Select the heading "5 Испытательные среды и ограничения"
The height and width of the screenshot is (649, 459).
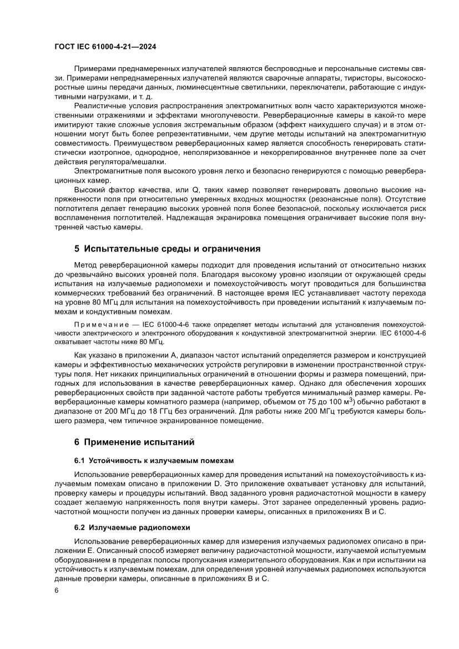tap(167, 248)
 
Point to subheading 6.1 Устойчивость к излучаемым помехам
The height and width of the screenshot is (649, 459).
tap(154, 461)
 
